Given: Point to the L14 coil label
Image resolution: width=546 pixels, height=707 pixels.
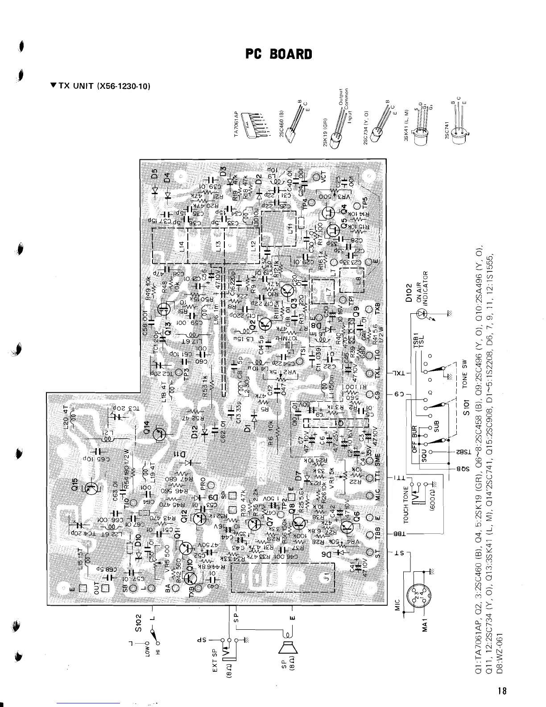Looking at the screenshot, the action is pos(181,246).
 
